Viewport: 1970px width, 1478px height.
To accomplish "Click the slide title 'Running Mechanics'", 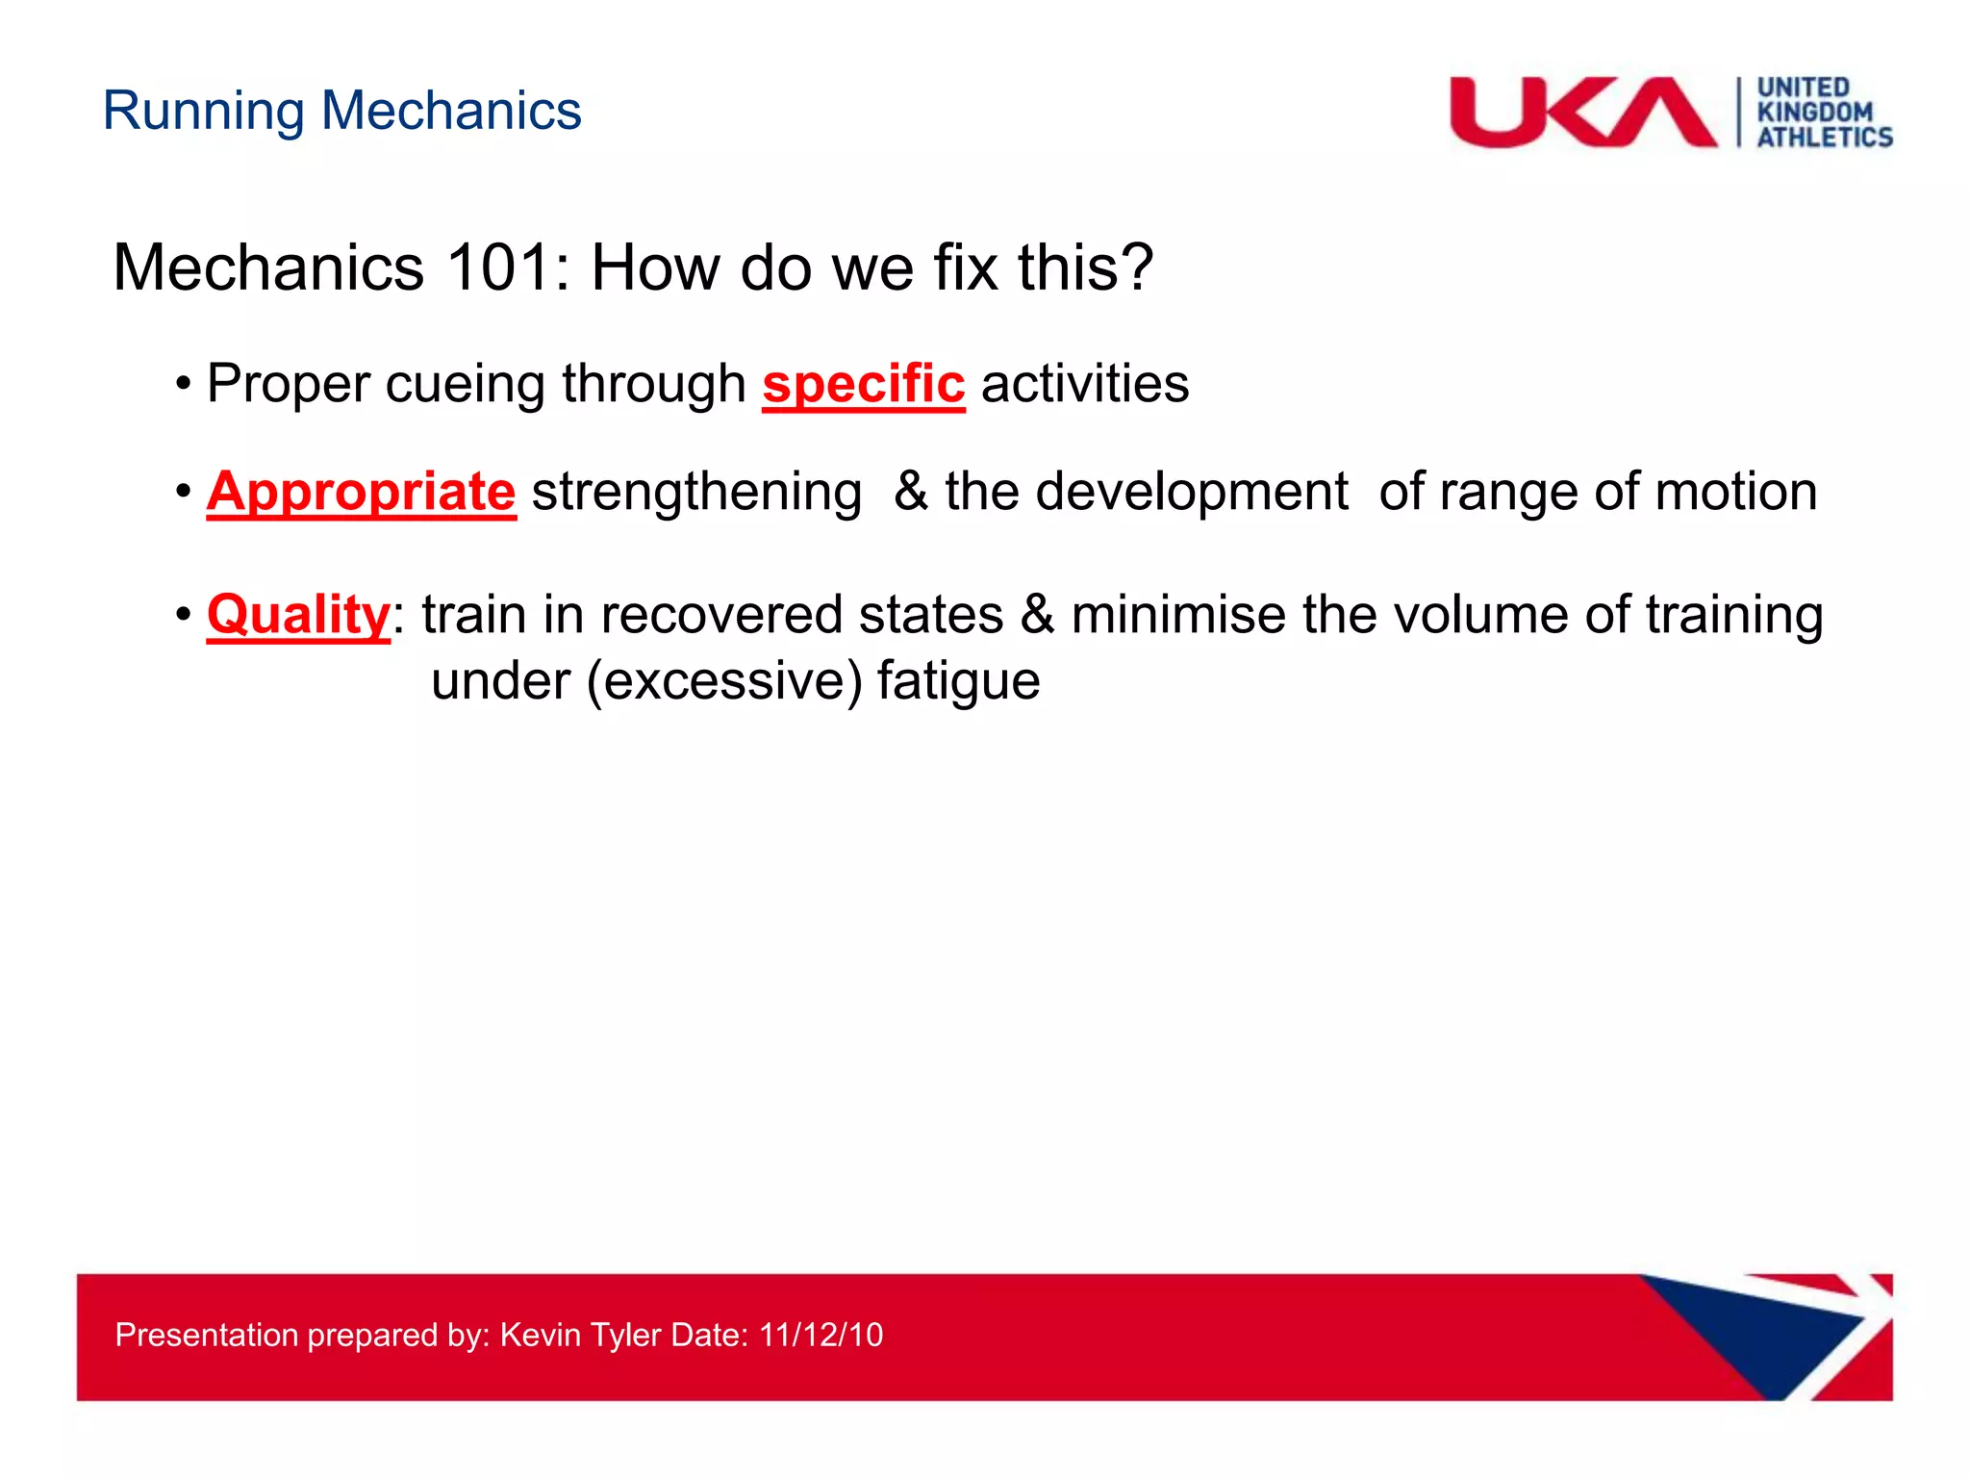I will coord(341,111).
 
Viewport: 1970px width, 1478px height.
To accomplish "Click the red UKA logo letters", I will coord(1582,113).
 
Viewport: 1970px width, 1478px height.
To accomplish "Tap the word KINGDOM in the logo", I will coord(1814,113).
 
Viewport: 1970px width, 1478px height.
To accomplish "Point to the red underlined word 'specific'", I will coord(863,384).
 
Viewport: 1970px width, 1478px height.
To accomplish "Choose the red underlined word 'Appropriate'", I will coord(361,492).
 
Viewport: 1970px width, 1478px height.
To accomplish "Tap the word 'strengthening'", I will coord(696,493).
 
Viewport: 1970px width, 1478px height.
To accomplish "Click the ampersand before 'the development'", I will coord(910,492).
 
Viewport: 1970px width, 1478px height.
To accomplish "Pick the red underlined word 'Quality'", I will coord(298,615).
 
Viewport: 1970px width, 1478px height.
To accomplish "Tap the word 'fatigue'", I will coord(958,682).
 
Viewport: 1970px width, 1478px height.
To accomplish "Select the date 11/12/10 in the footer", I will coord(821,1335).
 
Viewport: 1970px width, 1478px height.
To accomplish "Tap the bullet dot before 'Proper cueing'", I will coord(184,385).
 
